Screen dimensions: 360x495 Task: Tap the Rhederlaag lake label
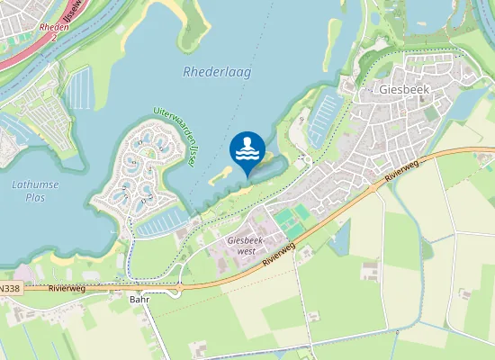tap(216, 72)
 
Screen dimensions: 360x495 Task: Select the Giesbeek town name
tap(405, 90)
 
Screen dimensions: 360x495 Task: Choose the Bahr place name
tap(139, 299)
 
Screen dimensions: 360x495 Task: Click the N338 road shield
tap(8, 289)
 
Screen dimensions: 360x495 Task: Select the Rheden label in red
tap(54, 27)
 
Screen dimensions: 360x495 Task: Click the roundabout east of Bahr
tap(178, 289)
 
